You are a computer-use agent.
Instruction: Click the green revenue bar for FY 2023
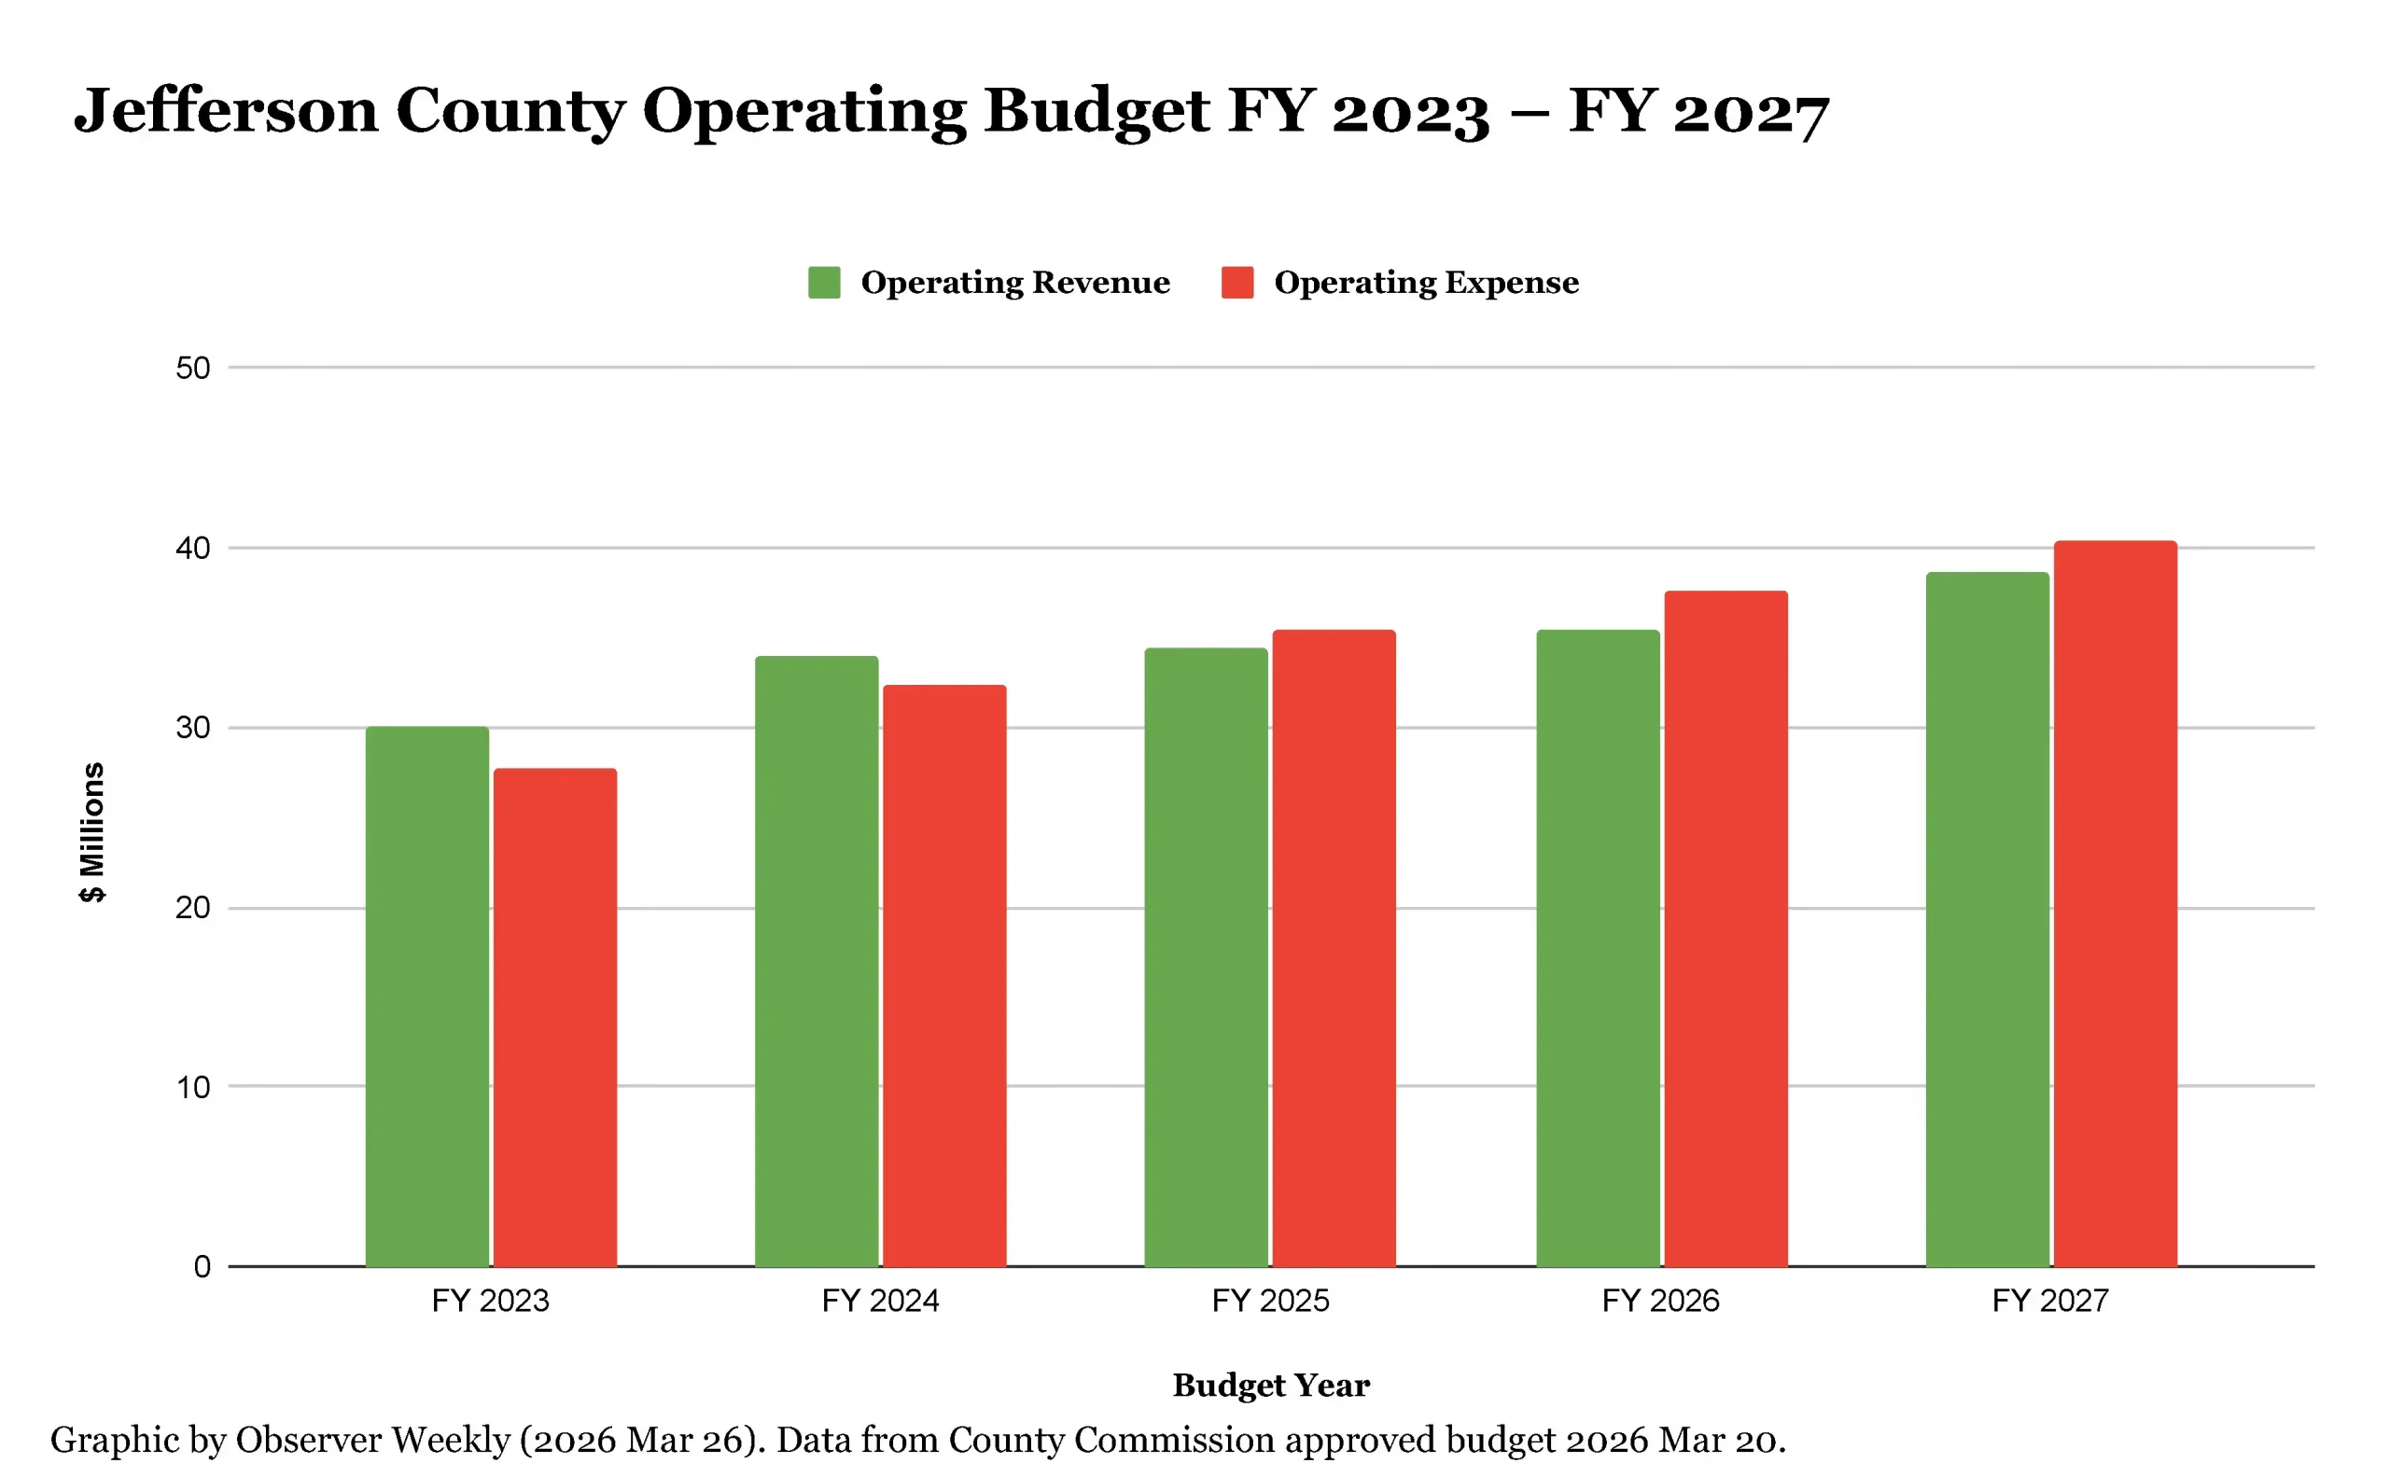(x=427, y=996)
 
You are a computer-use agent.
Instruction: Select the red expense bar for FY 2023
(x=555, y=1017)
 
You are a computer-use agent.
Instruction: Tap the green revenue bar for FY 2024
(x=816, y=961)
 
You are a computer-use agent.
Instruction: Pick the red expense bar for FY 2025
(x=1334, y=948)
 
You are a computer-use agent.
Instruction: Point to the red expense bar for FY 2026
(x=1725, y=928)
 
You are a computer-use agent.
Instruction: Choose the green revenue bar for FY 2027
(x=1988, y=919)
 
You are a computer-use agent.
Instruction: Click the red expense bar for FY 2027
(x=2116, y=903)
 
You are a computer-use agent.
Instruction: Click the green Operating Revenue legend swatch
(x=824, y=283)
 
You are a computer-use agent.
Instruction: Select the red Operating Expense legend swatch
(x=1237, y=283)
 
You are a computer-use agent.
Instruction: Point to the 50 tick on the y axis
(x=192, y=369)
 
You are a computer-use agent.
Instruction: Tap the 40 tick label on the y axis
(x=192, y=548)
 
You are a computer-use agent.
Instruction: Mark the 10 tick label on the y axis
(x=192, y=1087)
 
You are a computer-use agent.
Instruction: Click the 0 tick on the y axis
(x=203, y=1267)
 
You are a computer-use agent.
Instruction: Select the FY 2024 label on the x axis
(x=879, y=1302)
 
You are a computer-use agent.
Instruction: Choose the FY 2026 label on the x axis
(x=1660, y=1302)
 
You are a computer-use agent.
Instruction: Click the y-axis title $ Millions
(x=91, y=832)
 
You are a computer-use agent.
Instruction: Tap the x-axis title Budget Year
(x=1271, y=1386)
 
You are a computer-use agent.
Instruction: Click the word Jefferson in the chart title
(x=226, y=110)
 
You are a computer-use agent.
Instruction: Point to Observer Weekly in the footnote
(x=372, y=1440)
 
